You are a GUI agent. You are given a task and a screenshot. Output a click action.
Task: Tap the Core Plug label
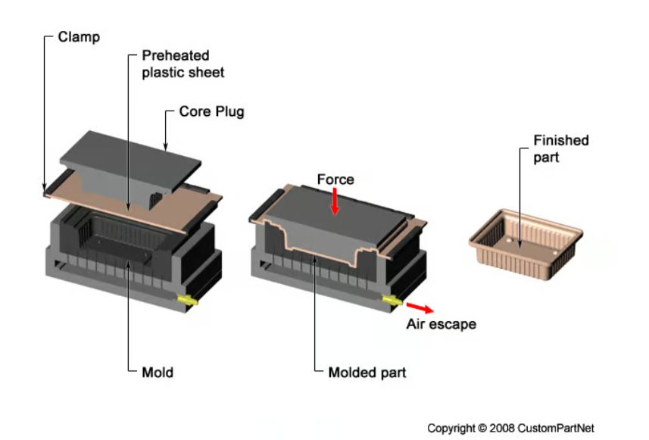pyautogui.click(x=211, y=111)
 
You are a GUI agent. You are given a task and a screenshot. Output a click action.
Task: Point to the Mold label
pyautogui.click(x=158, y=372)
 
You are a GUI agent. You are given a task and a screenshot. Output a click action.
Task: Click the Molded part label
pyautogui.click(x=367, y=372)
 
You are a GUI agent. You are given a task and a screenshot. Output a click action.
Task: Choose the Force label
pyautogui.click(x=335, y=179)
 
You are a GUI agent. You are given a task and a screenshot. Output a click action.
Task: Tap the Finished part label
pyautogui.click(x=560, y=148)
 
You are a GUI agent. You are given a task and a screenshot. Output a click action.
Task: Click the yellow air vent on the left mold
pyautogui.click(x=186, y=301)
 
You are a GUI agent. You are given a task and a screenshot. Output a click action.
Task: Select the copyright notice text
pyautogui.click(x=510, y=428)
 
